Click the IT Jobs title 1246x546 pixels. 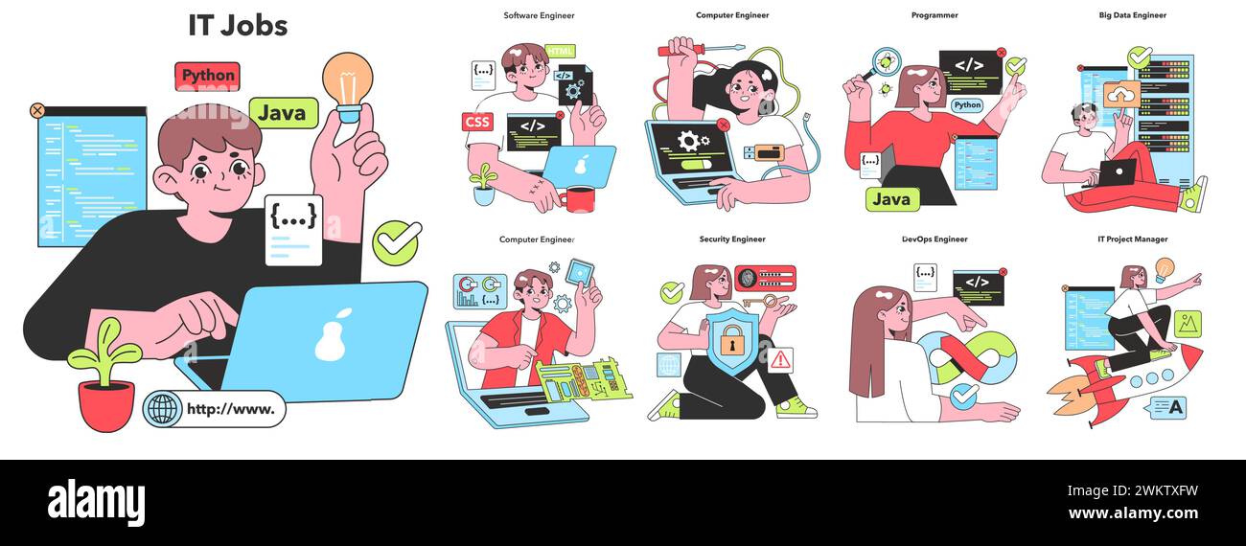pyautogui.click(x=238, y=26)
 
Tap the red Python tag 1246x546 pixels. pyautogui.click(x=207, y=76)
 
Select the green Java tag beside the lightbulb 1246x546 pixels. pyautogui.click(x=283, y=113)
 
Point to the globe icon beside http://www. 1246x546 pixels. pyautogui.click(x=163, y=409)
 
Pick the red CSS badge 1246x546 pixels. pyautogui.click(x=476, y=122)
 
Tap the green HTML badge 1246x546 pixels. pyautogui.click(x=560, y=51)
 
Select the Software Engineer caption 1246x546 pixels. pyautogui.click(x=539, y=15)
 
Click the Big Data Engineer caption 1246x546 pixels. pyautogui.click(x=1132, y=15)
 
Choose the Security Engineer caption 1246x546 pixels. pyautogui.click(x=732, y=239)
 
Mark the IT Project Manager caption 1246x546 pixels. pyautogui.click(x=1132, y=239)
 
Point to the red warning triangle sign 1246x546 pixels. pyautogui.click(x=780, y=360)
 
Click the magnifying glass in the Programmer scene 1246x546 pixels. pyautogui.click(x=884, y=64)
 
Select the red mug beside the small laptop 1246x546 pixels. pyautogui.click(x=580, y=198)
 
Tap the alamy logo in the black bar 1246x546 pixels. pyautogui.click(x=96, y=502)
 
